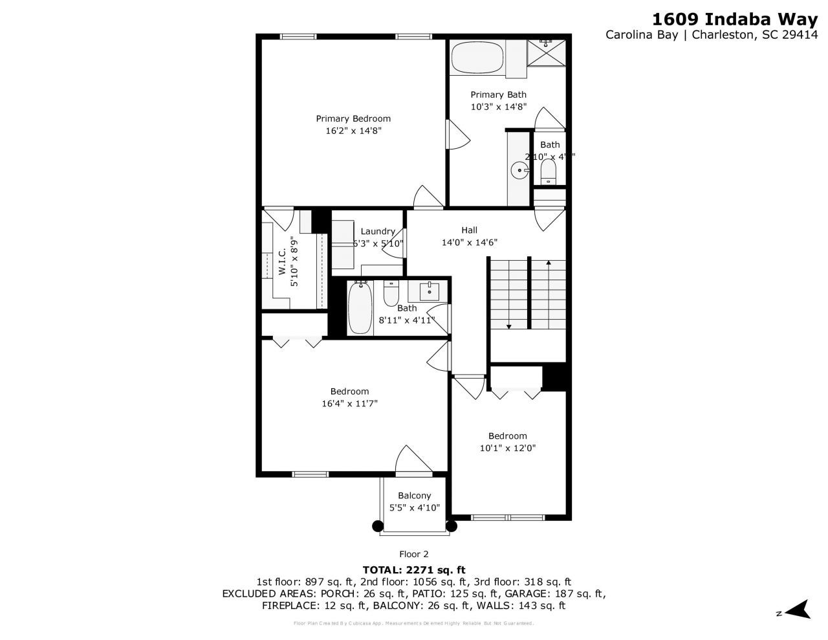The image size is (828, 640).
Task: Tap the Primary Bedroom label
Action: click(x=353, y=118)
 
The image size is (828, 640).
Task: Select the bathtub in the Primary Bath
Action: click(x=477, y=58)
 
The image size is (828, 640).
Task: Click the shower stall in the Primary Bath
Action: click(x=546, y=52)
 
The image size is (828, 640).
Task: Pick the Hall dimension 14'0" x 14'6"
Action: click(x=469, y=243)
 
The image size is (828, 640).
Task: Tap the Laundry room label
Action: click(x=378, y=232)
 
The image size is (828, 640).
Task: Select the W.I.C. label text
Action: click(x=283, y=262)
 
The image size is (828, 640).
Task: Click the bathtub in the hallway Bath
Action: click(x=360, y=308)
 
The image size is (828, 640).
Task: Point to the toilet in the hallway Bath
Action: click(x=391, y=294)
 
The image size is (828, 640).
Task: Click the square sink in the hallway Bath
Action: click(x=429, y=291)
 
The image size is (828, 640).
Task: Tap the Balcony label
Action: click(x=414, y=496)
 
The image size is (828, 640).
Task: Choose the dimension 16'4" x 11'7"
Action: click(x=349, y=404)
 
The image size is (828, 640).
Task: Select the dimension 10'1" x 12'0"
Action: click(x=507, y=448)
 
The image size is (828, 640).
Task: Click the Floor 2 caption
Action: click(x=413, y=554)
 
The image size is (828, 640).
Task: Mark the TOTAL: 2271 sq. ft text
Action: click(x=413, y=570)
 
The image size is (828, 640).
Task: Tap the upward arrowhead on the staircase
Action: click(x=549, y=263)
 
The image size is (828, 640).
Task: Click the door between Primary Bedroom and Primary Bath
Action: click(x=457, y=135)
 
